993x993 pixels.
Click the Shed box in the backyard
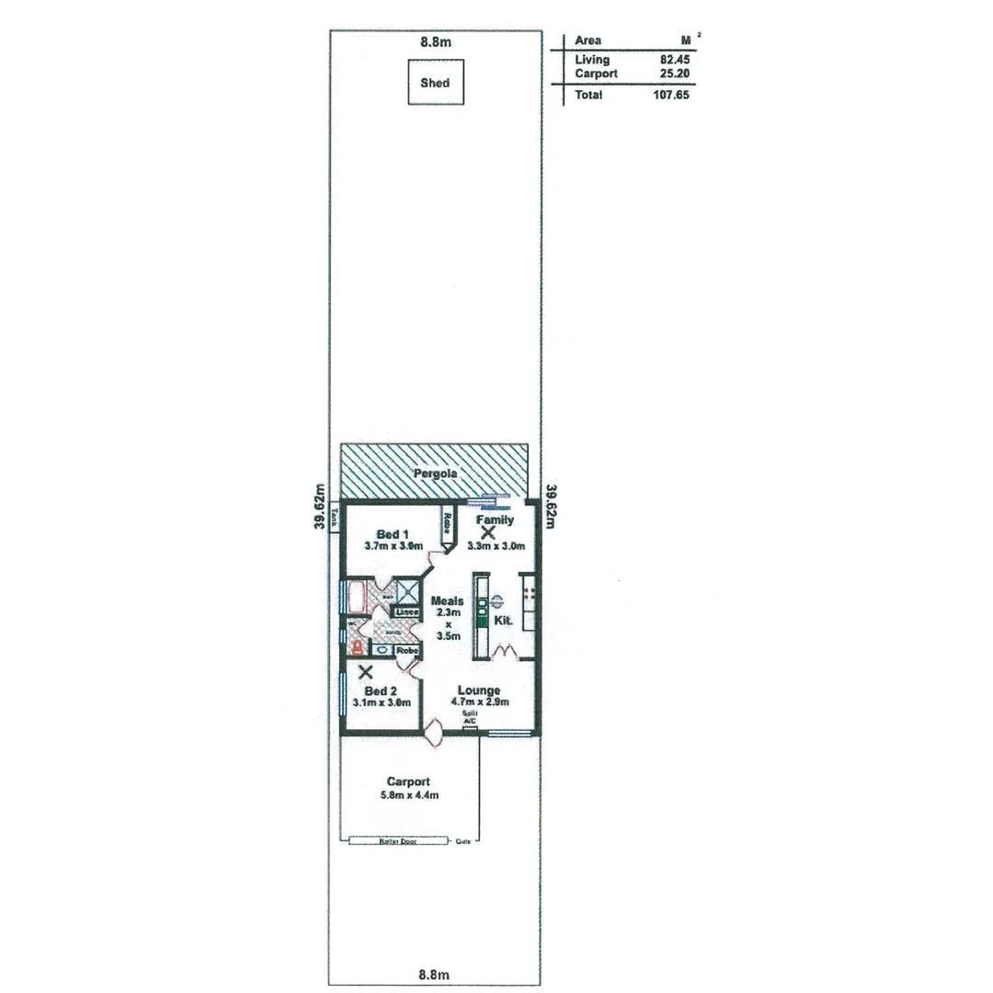click(435, 83)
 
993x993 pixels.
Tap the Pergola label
click(435, 474)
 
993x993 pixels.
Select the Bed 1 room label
click(393, 534)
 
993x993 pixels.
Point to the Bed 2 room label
click(381, 691)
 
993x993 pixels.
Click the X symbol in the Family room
click(487, 532)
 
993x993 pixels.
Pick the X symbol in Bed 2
click(366, 672)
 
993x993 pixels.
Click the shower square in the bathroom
click(407, 590)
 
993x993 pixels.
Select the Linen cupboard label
click(406, 612)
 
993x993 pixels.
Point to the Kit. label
click(503, 622)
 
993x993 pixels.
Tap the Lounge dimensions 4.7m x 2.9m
click(479, 702)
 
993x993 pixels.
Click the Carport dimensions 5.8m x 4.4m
click(408, 794)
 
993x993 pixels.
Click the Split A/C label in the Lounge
click(469, 717)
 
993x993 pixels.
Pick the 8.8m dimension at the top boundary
click(436, 41)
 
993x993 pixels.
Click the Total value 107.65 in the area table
click(670, 95)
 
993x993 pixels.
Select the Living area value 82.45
click(674, 60)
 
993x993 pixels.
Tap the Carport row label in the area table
click(596, 73)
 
